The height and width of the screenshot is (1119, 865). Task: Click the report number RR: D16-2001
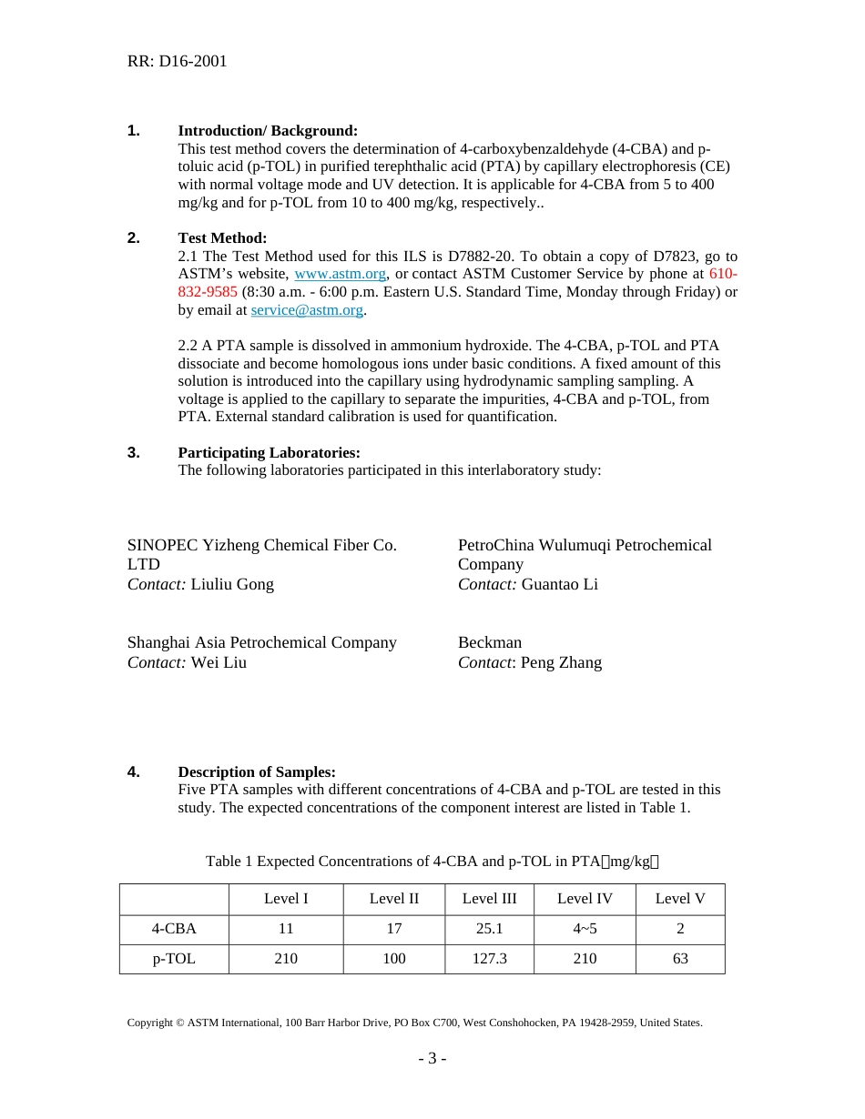click(177, 61)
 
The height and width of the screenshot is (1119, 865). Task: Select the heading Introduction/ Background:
click(268, 131)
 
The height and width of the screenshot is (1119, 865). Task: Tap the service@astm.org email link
click(307, 310)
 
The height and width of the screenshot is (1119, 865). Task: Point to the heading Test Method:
click(222, 238)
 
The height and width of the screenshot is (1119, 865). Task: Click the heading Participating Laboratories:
click(269, 453)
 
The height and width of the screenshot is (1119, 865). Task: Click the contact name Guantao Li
click(559, 584)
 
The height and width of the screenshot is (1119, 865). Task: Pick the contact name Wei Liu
click(219, 662)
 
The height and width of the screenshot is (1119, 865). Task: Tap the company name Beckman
click(490, 642)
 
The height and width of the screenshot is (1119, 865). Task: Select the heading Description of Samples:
click(257, 772)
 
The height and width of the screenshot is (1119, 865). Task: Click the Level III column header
click(489, 899)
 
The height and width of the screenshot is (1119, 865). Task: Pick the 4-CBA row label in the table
click(174, 929)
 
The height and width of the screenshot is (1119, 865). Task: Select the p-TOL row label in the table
click(174, 959)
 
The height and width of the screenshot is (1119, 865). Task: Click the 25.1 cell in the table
click(489, 929)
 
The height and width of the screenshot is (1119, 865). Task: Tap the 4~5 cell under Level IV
click(585, 929)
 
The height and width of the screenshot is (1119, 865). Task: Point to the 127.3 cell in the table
click(489, 959)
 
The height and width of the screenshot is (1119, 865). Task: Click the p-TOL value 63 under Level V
click(680, 959)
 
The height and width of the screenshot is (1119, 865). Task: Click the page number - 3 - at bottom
click(432, 1058)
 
